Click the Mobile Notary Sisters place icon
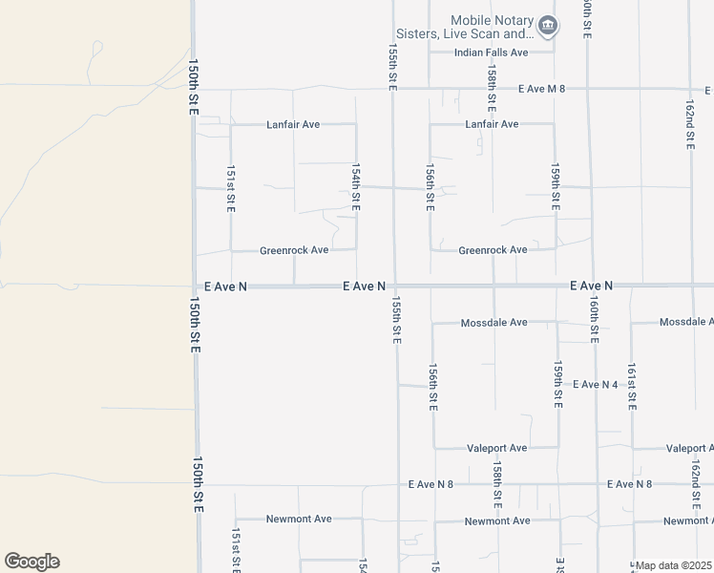pos(547,26)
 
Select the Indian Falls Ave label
pos(491,53)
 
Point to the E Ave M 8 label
pos(542,89)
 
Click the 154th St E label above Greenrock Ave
pos(356,186)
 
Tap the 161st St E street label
pos(632,387)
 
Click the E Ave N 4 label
pos(596,384)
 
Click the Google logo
pos(31,562)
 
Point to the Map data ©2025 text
pos(674,565)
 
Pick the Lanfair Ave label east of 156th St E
pos(492,124)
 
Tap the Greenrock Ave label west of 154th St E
pos(294,250)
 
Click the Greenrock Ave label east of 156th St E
pos(493,250)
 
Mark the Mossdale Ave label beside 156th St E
pos(493,323)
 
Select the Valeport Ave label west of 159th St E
pos(496,448)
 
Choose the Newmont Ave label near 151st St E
pos(299,519)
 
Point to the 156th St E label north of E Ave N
pos(430,186)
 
